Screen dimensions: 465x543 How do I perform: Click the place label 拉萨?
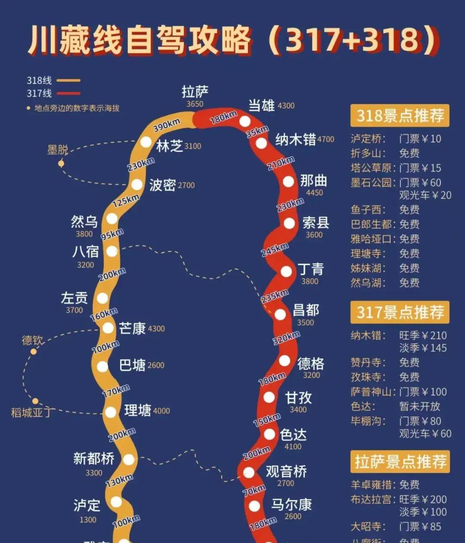click(x=195, y=92)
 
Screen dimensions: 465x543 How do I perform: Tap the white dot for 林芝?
click(x=146, y=142)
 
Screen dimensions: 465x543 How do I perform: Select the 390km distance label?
click(x=167, y=125)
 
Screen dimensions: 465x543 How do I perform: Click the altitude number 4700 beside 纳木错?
click(x=325, y=139)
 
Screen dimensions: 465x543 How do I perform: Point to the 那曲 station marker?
click(x=288, y=181)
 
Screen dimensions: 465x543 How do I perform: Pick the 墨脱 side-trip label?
click(x=58, y=150)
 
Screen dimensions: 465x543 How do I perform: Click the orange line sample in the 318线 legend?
click(x=68, y=81)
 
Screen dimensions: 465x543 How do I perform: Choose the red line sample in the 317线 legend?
click(x=68, y=93)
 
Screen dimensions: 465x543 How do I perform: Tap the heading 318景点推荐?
click(x=400, y=115)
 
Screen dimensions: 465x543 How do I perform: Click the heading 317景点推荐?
click(x=400, y=312)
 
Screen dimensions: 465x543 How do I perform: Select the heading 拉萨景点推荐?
click(x=400, y=462)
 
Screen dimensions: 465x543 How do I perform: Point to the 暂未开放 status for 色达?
click(x=419, y=406)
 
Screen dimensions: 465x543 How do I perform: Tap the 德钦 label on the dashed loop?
click(x=33, y=341)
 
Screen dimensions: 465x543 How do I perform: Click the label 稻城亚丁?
click(x=31, y=412)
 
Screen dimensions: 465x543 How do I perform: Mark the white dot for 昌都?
click(x=280, y=314)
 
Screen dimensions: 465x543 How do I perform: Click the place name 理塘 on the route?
click(x=137, y=410)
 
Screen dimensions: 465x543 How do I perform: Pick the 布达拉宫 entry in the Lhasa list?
click(x=371, y=500)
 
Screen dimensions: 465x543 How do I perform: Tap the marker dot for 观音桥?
click(x=249, y=472)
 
